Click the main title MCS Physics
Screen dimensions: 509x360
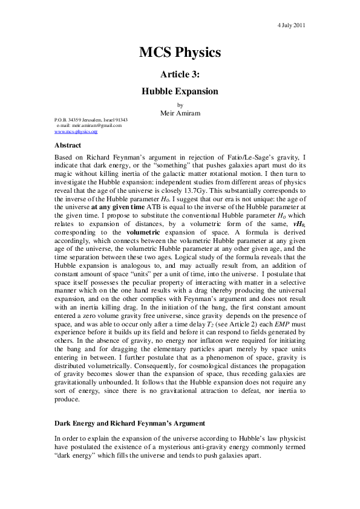[180, 53]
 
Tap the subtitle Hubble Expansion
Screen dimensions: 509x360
[180, 92]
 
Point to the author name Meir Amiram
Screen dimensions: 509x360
[180, 112]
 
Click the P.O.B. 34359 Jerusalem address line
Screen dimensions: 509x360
[91, 120]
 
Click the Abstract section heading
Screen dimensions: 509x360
[68, 145]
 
